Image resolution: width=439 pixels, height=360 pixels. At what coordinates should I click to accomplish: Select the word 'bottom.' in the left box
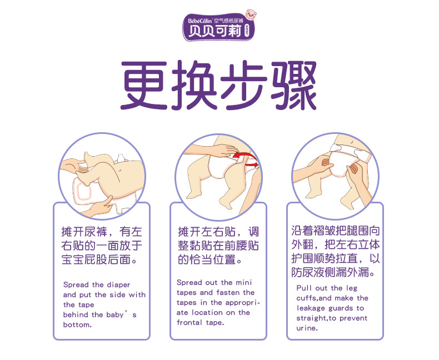(77, 324)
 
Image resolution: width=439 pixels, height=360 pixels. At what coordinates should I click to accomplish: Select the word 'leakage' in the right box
(311, 308)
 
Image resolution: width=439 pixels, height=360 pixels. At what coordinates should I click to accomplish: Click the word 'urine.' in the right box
(307, 328)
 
